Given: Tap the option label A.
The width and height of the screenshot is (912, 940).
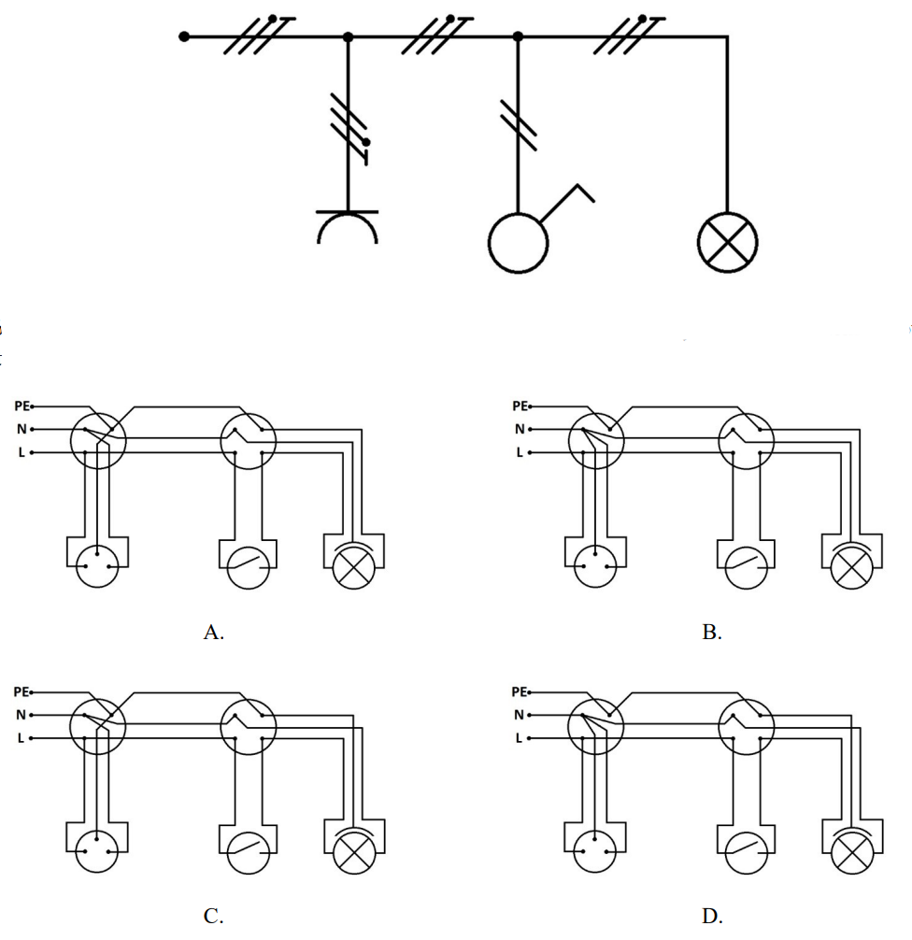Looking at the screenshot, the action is (x=213, y=632).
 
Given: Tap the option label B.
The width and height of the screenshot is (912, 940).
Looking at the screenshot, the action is (x=712, y=632).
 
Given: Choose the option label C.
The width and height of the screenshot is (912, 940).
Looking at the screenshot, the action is (x=213, y=916).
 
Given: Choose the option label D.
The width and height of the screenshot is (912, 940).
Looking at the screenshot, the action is (x=712, y=916).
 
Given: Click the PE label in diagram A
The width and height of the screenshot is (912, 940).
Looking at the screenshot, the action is (x=21, y=406).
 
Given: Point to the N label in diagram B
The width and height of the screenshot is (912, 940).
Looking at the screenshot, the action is (x=520, y=429).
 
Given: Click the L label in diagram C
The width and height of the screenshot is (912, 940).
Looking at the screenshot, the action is (x=21, y=738).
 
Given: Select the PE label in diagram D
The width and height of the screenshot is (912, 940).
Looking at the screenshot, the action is (x=520, y=691).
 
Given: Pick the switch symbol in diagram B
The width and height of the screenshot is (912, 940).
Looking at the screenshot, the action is (x=746, y=567).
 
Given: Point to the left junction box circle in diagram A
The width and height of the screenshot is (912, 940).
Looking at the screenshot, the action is (x=98, y=414).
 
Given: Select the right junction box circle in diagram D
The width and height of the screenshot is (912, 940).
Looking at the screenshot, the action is (x=746, y=699).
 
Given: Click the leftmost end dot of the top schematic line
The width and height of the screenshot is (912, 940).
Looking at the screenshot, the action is (x=184, y=36).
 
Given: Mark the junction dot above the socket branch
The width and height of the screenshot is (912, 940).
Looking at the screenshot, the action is (x=348, y=37).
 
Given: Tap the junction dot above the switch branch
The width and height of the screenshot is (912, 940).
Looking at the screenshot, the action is (x=518, y=37).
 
